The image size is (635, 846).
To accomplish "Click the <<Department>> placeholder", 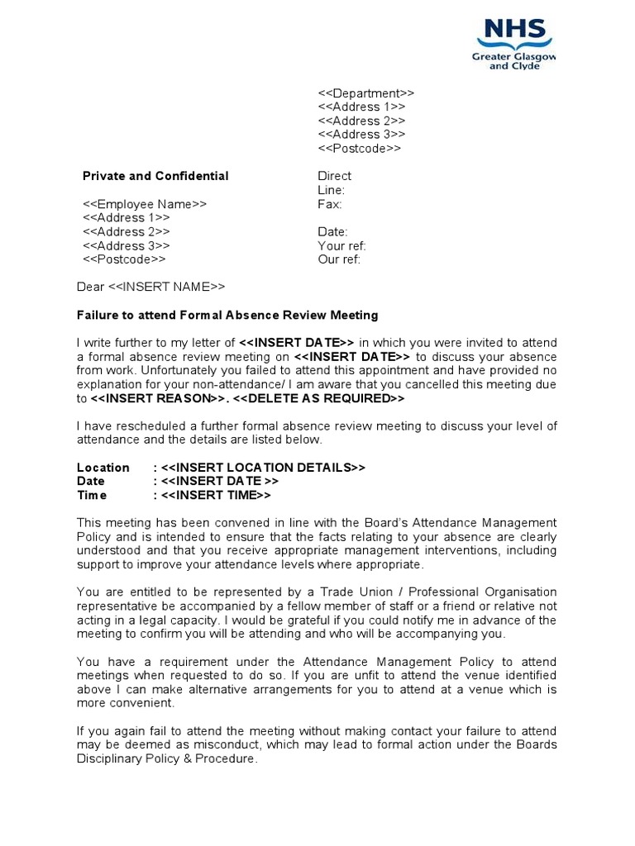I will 365,93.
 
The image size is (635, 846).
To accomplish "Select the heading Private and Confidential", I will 155,176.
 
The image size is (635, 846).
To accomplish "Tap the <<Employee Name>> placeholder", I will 145,204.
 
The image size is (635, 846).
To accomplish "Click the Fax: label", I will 329,204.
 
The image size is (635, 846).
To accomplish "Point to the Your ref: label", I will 341,246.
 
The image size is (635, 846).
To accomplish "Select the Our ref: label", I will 339,259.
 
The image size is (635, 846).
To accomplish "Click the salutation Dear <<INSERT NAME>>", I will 150,287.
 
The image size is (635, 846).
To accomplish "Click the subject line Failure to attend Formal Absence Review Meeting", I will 227,315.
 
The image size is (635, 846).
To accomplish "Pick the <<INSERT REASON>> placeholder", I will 158,398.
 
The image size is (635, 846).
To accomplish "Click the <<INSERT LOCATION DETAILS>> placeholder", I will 263,468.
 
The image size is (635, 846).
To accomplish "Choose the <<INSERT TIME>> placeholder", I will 216,496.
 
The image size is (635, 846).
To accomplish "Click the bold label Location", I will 103,468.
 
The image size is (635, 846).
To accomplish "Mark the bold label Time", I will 92,496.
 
